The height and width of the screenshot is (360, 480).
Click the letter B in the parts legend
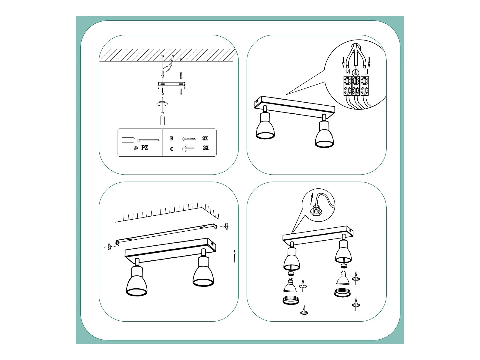tap(171, 139)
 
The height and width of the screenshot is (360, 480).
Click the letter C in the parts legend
tap(172, 149)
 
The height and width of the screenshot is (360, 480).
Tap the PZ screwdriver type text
tap(145, 148)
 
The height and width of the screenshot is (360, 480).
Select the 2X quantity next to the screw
tap(205, 138)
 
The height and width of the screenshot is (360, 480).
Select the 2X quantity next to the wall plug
tap(206, 148)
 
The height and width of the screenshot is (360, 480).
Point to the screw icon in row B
tap(189, 139)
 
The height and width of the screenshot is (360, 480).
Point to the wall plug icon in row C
tap(188, 149)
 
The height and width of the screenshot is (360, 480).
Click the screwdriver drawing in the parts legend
tap(140, 140)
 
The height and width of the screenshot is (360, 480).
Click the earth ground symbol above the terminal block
tap(356, 73)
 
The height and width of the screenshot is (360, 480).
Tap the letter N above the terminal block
tap(348, 71)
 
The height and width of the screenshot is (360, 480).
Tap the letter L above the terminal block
tap(366, 72)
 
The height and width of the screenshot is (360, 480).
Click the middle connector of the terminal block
tap(356, 86)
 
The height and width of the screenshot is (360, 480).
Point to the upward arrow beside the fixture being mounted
tap(234, 256)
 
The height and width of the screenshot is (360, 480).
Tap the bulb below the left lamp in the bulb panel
tap(290, 286)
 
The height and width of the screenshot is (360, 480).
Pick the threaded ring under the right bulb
tap(343, 293)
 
